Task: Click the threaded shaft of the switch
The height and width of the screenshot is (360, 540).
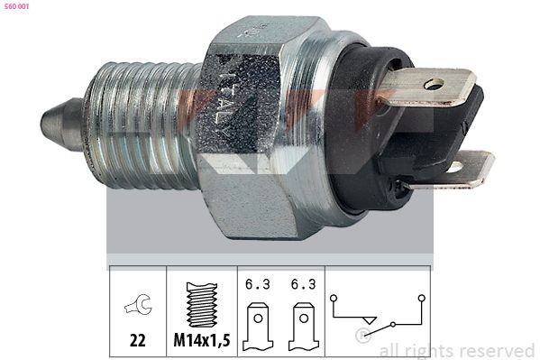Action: (x=135, y=122)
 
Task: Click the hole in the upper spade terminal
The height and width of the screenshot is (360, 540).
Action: (x=435, y=85)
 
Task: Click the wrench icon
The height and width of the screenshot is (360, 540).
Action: (x=138, y=305)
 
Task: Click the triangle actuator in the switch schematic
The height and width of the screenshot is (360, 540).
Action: (x=368, y=319)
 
